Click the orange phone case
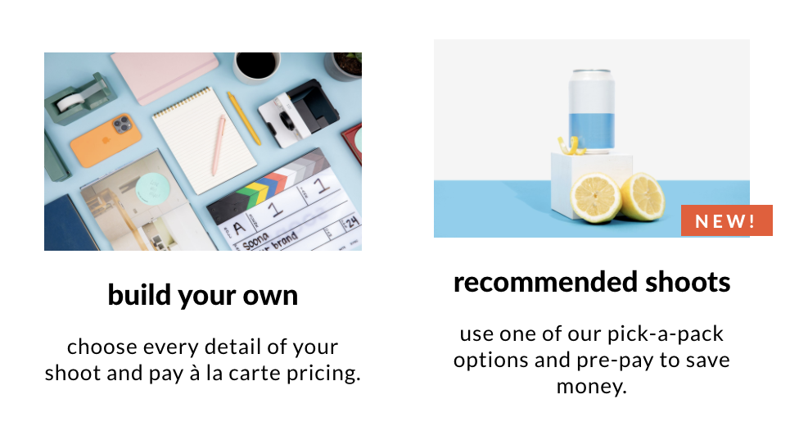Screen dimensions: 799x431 106,140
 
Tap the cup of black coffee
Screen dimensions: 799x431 257,66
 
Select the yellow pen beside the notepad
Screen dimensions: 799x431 244,118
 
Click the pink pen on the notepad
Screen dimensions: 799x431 219,145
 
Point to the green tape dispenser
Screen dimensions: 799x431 80,99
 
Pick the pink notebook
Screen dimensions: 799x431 164,75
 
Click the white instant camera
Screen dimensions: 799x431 298,113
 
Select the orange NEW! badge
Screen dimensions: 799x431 727,220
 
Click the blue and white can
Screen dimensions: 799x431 592,111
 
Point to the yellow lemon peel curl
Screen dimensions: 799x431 571,145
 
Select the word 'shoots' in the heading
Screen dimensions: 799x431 688,282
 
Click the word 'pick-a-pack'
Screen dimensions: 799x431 665,334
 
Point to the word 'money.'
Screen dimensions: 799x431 592,387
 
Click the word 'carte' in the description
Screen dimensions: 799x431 255,374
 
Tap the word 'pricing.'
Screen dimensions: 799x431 323,374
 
